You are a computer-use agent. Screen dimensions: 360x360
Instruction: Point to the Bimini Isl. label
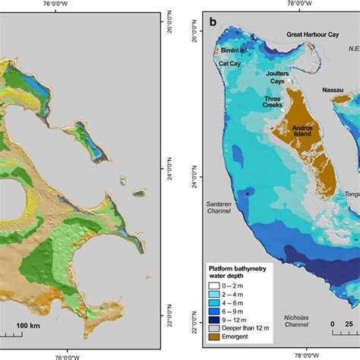(x=231, y=52)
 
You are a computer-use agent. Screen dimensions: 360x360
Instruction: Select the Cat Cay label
(x=229, y=65)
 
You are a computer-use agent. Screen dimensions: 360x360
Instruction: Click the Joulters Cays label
(x=279, y=77)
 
